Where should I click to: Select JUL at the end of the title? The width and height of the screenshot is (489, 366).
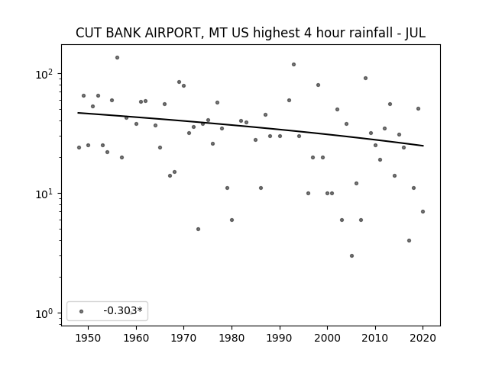(415, 33)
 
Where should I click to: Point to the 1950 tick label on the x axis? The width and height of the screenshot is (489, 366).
(89, 338)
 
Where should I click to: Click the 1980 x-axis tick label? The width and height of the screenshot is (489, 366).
(232, 338)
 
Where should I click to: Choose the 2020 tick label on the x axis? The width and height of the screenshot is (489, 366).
(423, 338)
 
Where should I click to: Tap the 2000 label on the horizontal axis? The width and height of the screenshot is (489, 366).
(327, 338)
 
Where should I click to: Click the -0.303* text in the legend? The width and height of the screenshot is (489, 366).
(123, 310)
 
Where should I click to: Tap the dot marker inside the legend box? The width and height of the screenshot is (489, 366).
(82, 311)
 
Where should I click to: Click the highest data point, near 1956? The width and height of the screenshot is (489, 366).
(117, 58)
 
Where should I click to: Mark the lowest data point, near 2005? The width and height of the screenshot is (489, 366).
(351, 256)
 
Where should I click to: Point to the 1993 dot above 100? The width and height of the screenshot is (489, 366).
(293, 64)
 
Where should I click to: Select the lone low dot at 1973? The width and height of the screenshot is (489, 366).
(199, 229)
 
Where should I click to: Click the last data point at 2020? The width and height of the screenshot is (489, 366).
(423, 212)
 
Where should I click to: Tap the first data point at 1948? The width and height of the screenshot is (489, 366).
(79, 147)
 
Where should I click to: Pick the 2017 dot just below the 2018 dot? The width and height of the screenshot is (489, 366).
(410, 241)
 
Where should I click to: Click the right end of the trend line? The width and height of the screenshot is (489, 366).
(423, 146)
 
